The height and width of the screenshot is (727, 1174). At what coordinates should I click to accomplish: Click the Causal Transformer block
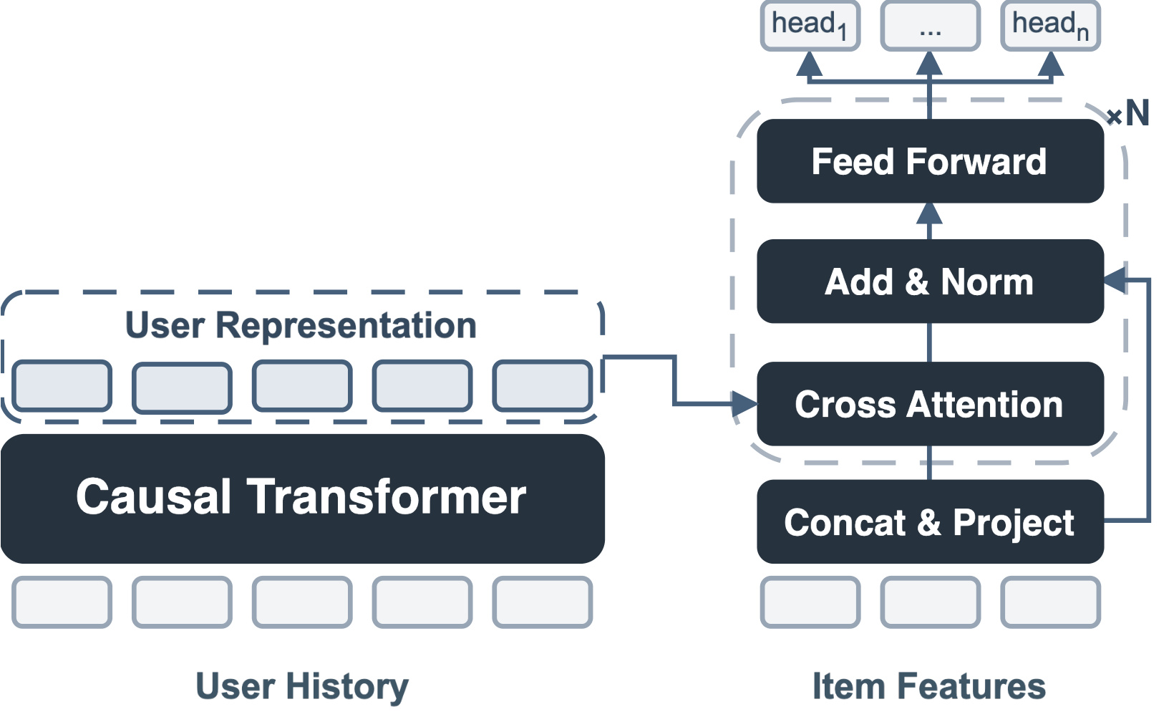(303, 499)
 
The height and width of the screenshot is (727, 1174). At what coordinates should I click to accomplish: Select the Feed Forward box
(931, 161)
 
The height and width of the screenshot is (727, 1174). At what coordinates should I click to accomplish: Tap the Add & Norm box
(931, 281)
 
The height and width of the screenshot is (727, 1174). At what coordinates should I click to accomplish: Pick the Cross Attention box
(931, 404)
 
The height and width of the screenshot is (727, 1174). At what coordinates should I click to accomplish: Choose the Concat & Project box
(931, 521)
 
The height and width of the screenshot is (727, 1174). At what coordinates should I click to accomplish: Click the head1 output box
(810, 25)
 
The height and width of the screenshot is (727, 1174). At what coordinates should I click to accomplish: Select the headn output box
(1050, 25)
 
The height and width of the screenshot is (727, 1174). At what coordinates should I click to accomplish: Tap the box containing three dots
(931, 25)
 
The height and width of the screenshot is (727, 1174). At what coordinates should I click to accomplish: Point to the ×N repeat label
(1128, 112)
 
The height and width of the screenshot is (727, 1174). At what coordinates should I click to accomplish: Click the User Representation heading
(301, 325)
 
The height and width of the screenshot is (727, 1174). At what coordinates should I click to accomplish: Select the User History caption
(302, 686)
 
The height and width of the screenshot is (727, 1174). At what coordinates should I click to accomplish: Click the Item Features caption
(928, 686)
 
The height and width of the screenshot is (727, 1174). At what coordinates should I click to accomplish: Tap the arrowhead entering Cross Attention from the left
(744, 404)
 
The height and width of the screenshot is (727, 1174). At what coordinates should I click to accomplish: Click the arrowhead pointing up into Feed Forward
(930, 214)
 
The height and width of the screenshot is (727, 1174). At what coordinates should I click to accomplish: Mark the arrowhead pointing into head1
(810, 64)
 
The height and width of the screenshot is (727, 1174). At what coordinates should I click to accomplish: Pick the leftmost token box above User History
(62, 602)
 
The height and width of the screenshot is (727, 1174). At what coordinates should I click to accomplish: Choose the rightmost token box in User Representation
(543, 385)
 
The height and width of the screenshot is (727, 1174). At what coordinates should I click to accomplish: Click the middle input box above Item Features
(931, 602)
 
